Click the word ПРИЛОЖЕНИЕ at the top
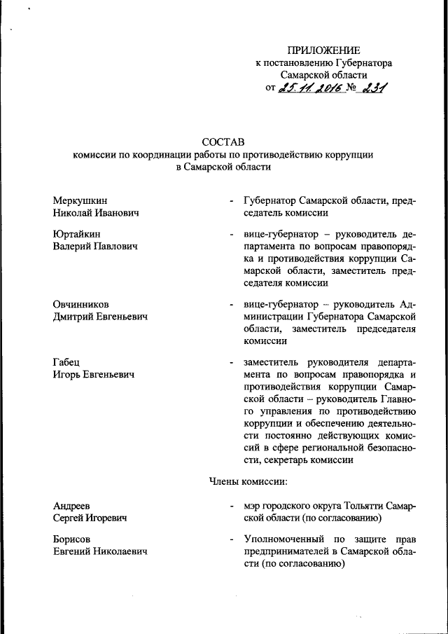click(x=323, y=50)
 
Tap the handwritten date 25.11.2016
click(x=309, y=88)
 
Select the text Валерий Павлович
click(x=94, y=246)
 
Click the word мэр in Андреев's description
click(x=252, y=506)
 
